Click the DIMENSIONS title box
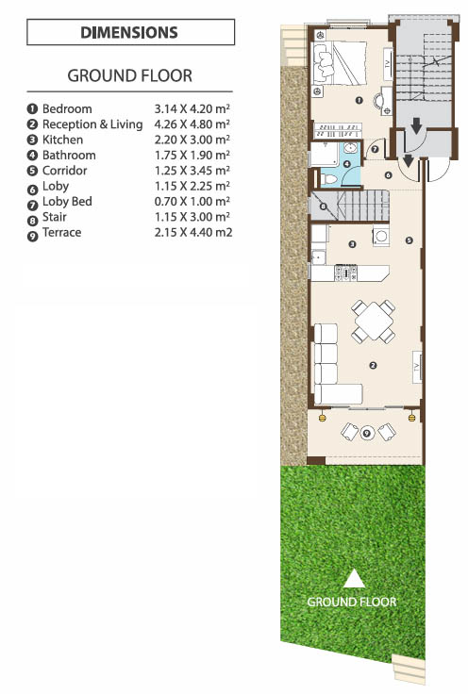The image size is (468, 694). pyautogui.click(x=130, y=32)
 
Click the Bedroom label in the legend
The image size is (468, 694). pyautogui.click(x=67, y=108)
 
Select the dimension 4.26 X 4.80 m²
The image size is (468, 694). pyautogui.click(x=192, y=124)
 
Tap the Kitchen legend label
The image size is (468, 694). pyautogui.click(x=62, y=140)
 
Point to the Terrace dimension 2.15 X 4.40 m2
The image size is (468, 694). pyautogui.click(x=193, y=232)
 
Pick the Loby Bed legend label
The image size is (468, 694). pyautogui.click(x=67, y=202)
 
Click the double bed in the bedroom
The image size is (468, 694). pyautogui.click(x=340, y=63)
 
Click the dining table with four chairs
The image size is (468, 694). pyautogui.click(x=374, y=322)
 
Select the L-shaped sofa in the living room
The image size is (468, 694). pyautogui.click(x=333, y=364)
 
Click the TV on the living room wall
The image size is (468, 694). pyautogui.click(x=417, y=367)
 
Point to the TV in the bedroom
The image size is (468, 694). pyautogui.click(x=388, y=63)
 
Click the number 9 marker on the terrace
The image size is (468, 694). pyautogui.click(x=366, y=433)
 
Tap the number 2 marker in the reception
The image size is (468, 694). pyautogui.click(x=373, y=366)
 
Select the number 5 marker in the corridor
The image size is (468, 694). pyautogui.click(x=409, y=240)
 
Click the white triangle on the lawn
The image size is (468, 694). pyautogui.click(x=354, y=579)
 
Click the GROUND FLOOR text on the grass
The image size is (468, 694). pyautogui.click(x=352, y=602)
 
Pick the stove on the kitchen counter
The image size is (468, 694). pyautogui.click(x=345, y=273)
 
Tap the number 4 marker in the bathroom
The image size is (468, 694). pyautogui.click(x=347, y=164)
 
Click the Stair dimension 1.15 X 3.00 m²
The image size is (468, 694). pyautogui.click(x=192, y=217)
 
